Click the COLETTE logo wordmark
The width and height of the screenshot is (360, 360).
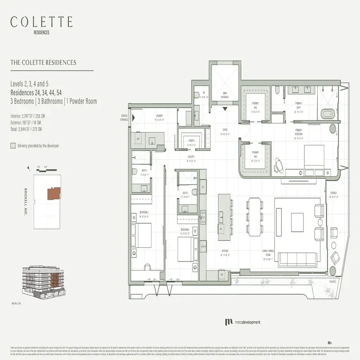click(x=41, y=22)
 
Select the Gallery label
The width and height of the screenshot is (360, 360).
click(x=191, y=158)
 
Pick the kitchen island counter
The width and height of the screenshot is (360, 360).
click(x=224, y=215)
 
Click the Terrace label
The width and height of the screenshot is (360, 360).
click(x=333, y=195)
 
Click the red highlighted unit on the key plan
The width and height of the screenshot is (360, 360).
click(x=52, y=194)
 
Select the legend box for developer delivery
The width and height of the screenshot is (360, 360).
click(x=13, y=146)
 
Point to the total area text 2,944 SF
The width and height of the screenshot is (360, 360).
click(x=26, y=129)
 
